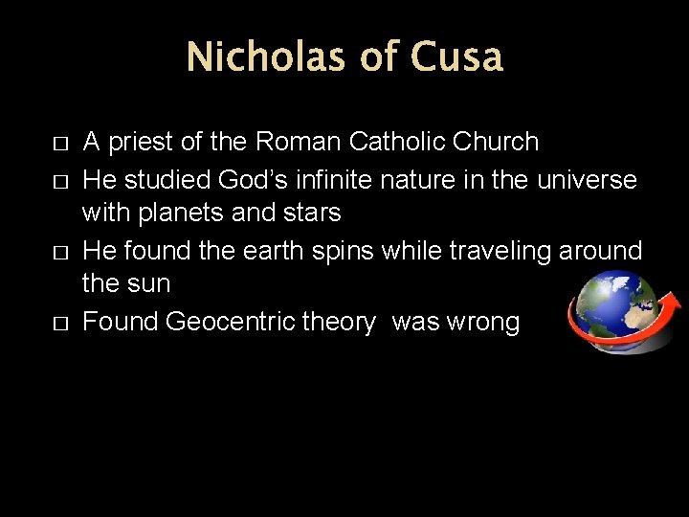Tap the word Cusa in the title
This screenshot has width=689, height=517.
(x=456, y=57)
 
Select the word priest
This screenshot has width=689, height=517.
(x=142, y=143)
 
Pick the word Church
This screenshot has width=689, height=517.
(x=498, y=143)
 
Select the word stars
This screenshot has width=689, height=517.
(x=310, y=212)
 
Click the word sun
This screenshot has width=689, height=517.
(x=148, y=284)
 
